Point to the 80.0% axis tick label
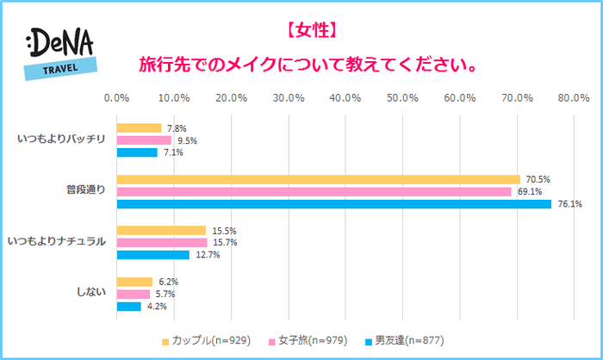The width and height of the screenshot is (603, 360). (x=573, y=97)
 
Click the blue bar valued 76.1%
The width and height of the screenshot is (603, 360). (x=333, y=204)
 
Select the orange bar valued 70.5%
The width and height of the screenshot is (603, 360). (x=318, y=179)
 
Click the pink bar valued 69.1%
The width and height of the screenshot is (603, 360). (x=314, y=191)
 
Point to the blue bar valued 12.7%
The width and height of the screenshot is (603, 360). (x=152, y=255)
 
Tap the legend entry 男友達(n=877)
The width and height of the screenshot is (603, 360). (x=405, y=340)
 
